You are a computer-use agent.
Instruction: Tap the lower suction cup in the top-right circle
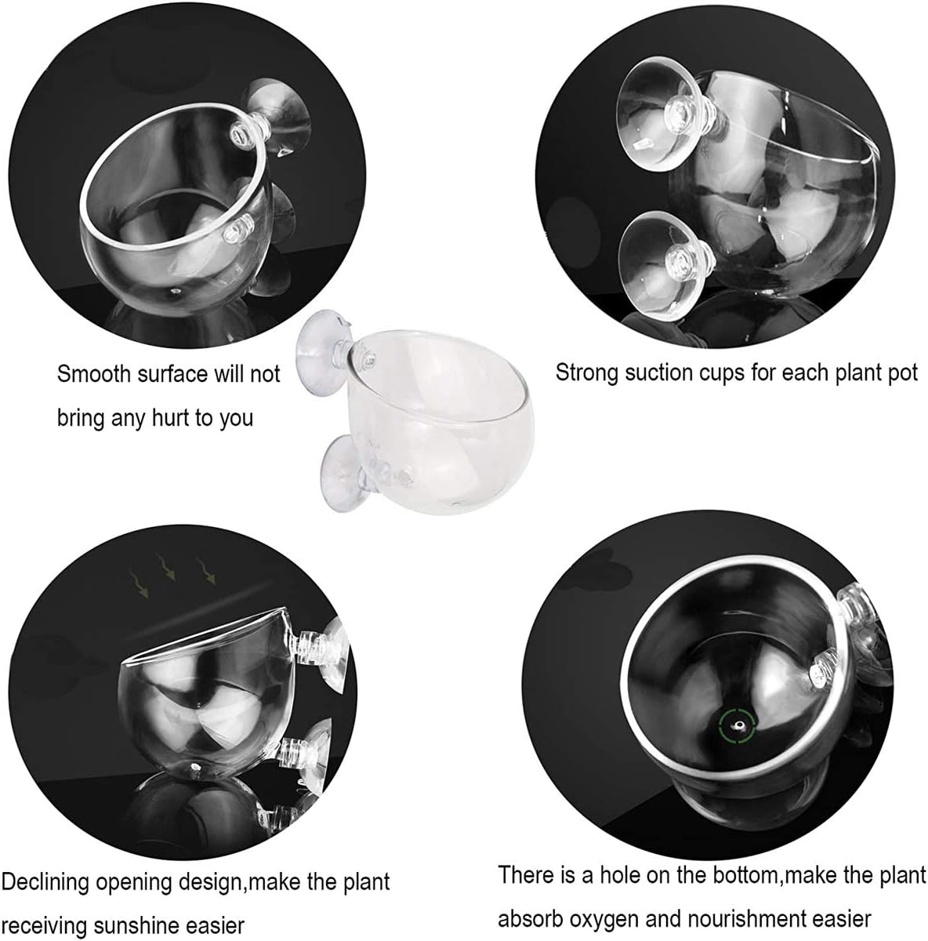tap(662, 266)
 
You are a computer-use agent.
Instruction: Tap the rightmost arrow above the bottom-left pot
tap(205, 571)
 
